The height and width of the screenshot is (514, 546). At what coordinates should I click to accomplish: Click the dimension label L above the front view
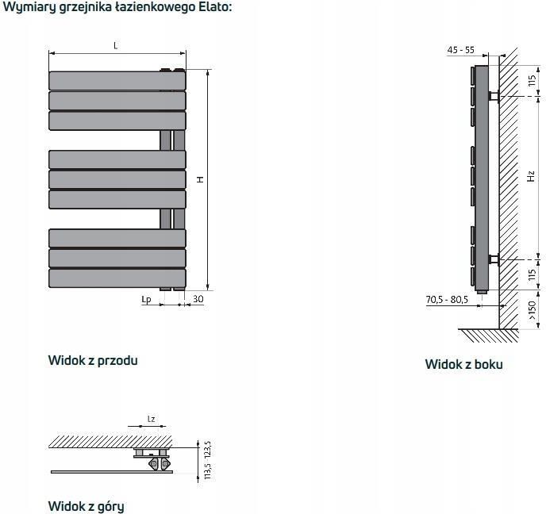pos(116,45)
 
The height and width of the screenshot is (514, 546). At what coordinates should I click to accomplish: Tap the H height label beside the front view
pos(200,179)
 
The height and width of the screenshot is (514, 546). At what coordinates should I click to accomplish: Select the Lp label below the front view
pos(146,300)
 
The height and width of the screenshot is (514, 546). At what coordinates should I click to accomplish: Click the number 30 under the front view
pos(198,299)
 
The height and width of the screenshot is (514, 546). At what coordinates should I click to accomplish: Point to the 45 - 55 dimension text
pos(460,50)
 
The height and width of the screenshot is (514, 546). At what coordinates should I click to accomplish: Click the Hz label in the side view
pos(531,176)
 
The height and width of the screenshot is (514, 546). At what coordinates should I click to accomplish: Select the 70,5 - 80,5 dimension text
pos(447,299)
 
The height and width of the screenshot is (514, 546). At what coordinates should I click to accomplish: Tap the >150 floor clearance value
pos(532,310)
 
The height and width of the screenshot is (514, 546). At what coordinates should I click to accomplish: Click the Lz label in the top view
pos(151,419)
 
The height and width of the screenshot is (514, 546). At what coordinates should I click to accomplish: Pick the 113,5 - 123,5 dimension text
pos(208,460)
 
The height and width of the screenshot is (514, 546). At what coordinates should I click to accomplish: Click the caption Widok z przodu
pos(93,361)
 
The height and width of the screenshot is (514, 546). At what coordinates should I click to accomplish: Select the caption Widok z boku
pos(463,364)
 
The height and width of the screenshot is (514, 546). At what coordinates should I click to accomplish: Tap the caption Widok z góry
pos(86,506)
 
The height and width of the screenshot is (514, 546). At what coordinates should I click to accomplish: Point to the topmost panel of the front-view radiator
pos(117,81)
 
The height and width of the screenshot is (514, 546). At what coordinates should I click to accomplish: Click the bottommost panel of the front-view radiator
pos(117,278)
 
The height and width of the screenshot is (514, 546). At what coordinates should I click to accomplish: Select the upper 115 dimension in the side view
pos(532,81)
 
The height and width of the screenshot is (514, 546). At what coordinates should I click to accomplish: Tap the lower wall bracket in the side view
pos(494,259)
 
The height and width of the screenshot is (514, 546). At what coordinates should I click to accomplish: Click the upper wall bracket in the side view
pos(494,96)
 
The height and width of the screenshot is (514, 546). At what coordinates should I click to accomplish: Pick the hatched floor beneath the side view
pos(488,336)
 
